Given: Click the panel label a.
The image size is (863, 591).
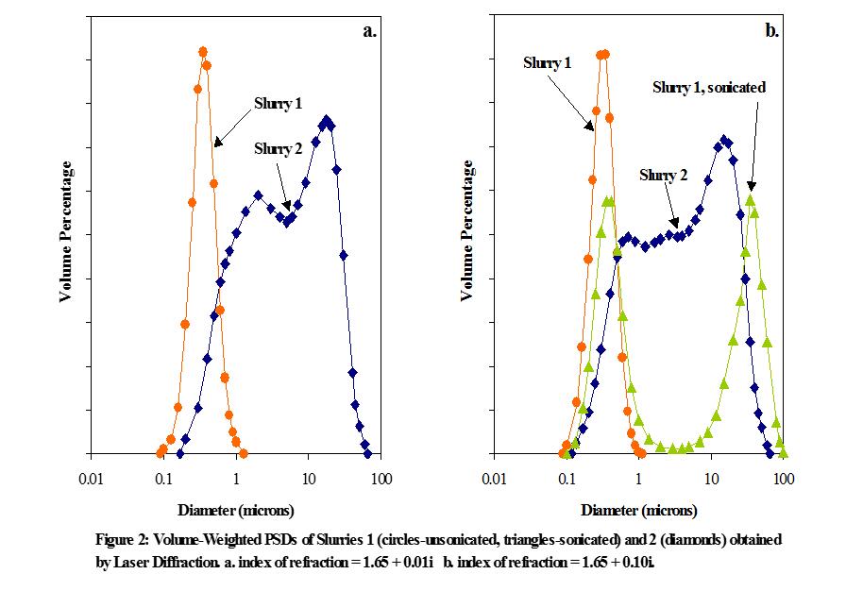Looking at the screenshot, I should coord(370,30).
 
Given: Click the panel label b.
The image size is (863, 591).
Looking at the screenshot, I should coord(771,30).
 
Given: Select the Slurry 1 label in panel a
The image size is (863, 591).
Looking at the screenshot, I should coord(277,103).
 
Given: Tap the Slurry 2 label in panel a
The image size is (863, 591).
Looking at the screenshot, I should coord(279,148).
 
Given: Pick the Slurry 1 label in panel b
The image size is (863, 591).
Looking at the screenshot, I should coord(547,62).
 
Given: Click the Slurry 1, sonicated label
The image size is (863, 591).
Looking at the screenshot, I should coord(708,87).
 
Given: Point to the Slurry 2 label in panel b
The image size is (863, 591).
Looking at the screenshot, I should coord(664,175).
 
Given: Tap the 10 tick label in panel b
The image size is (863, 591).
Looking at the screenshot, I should coord(711,481).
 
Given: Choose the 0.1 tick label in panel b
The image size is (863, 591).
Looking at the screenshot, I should coord(567,481).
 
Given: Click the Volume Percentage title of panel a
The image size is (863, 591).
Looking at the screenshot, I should coord(67,231).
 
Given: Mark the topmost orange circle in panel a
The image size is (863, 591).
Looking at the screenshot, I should coord(202,51).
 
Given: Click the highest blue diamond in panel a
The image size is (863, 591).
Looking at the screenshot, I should coord(327,120).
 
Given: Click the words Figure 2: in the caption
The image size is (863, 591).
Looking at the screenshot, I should coord(124,540).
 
